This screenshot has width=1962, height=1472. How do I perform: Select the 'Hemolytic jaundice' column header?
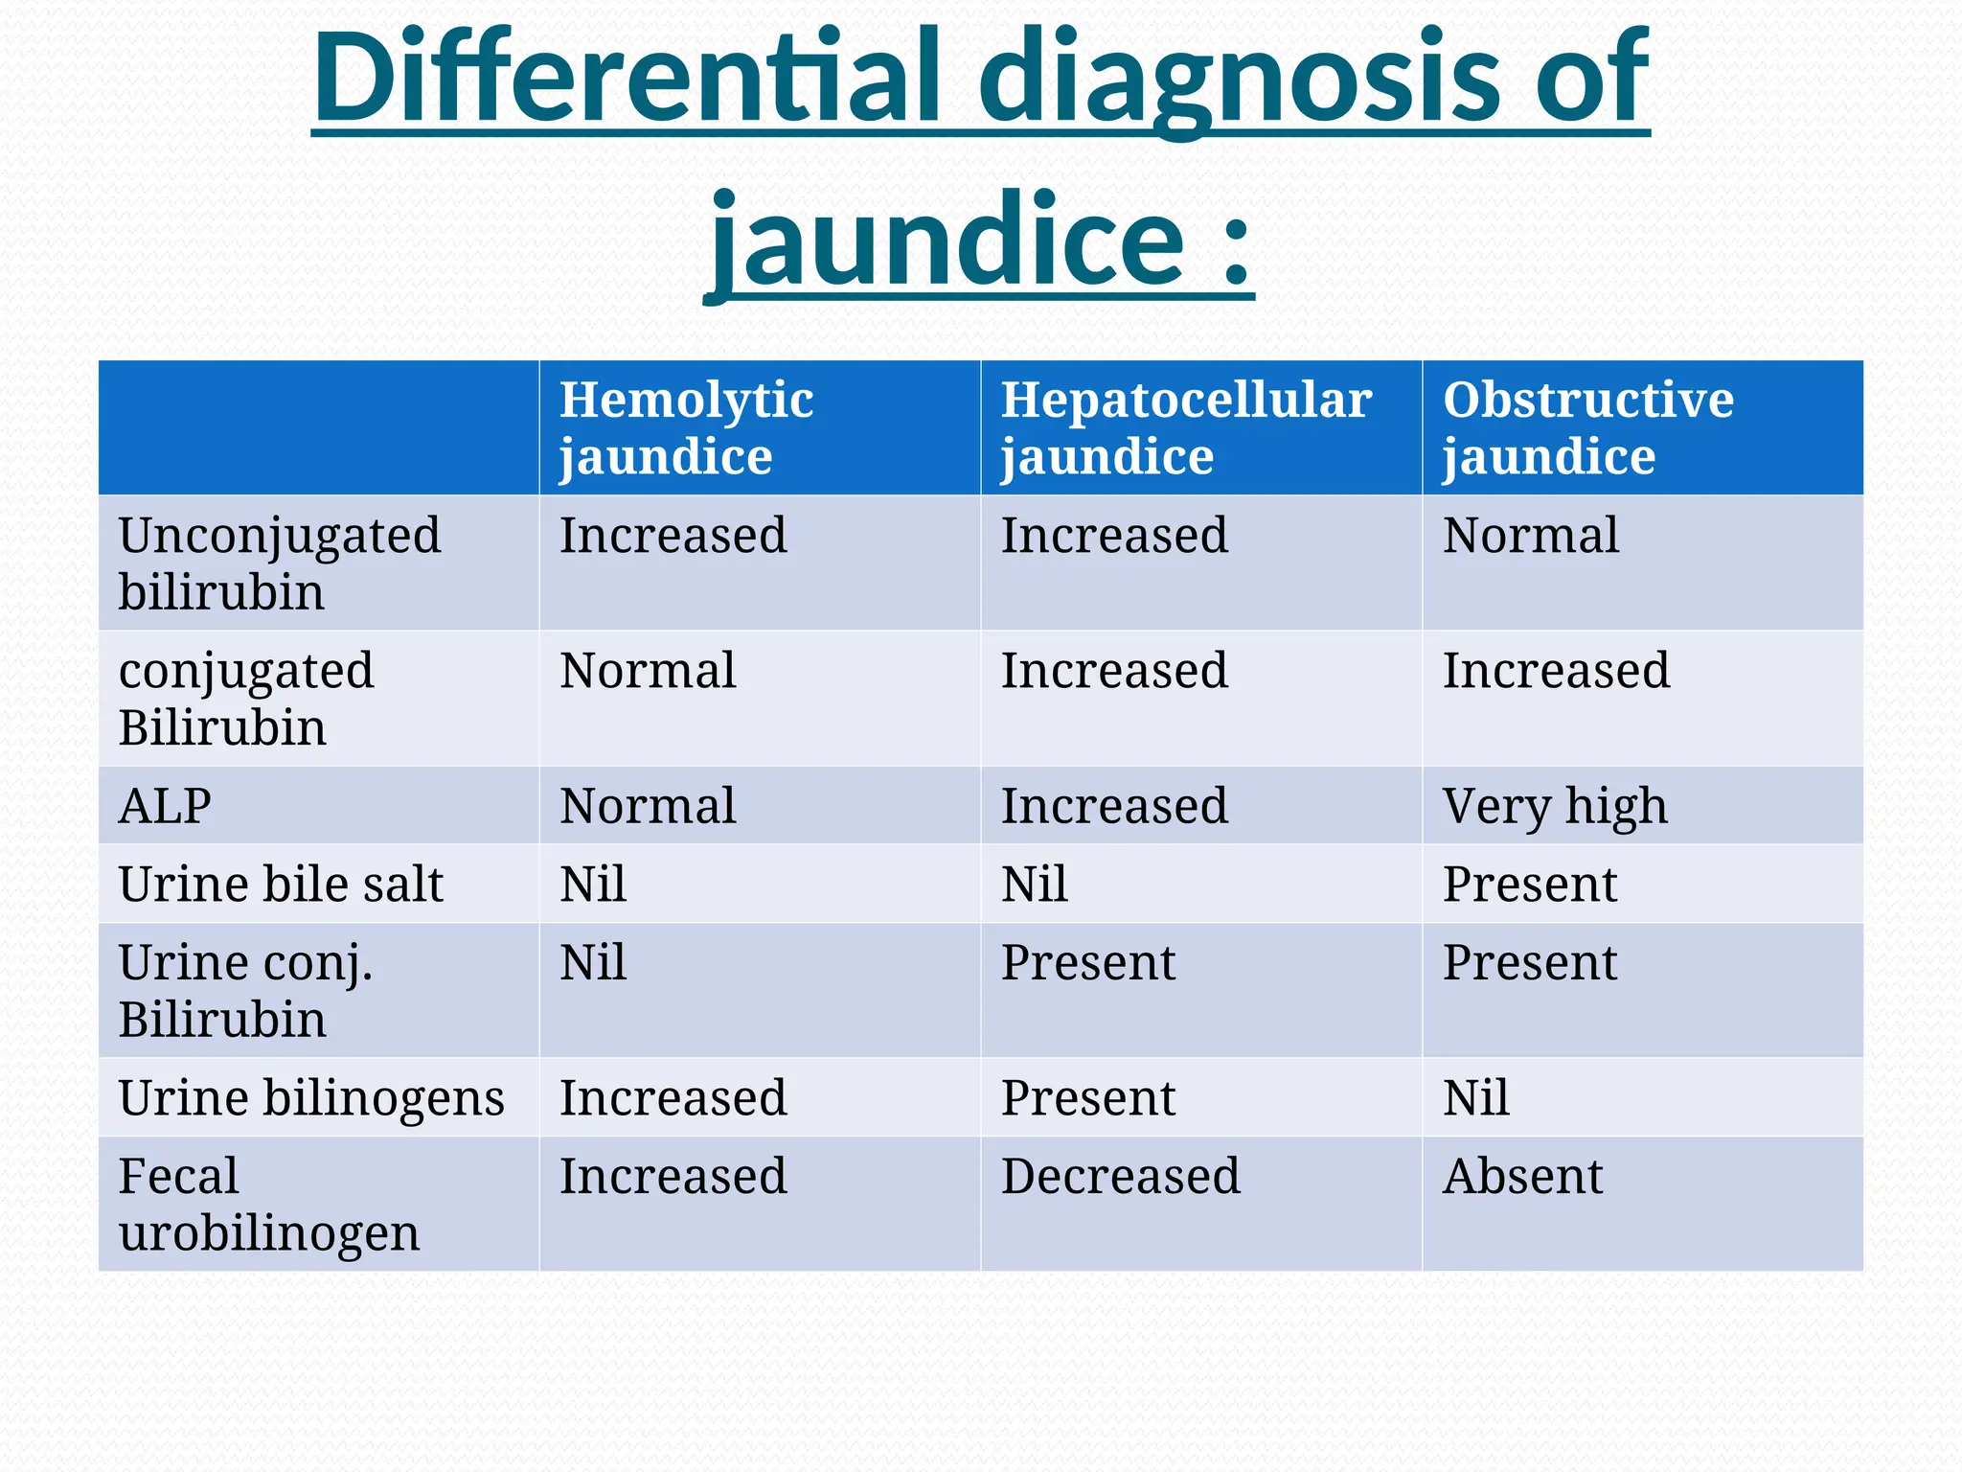tap(686, 427)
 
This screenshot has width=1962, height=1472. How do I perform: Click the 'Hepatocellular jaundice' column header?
tap(1186, 427)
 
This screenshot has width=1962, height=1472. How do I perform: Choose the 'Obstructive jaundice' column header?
tap(1587, 427)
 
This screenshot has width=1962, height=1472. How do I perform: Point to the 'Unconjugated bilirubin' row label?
tap(279, 563)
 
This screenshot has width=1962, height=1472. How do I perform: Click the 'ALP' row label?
tap(165, 806)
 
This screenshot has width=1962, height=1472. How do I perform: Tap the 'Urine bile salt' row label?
tap(281, 884)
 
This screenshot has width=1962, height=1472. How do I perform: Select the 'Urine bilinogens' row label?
tap(311, 1097)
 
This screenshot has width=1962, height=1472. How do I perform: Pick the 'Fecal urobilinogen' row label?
tap(268, 1204)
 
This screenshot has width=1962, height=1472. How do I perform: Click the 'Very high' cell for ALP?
tap(1555, 806)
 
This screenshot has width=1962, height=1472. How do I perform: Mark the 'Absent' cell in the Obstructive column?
tap(1522, 1176)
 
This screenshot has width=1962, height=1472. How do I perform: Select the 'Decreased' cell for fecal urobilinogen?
tap(1121, 1176)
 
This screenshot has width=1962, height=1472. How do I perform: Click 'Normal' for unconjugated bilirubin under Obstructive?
tap(1531, 535)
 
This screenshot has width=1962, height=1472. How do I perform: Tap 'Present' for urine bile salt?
tap(1530, 884)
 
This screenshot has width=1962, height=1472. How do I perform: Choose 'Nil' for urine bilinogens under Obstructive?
tap(1476, 1097)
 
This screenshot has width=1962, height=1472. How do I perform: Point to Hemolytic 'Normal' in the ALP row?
tap(648, 806)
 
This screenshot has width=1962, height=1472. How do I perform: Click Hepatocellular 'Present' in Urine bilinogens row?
tap(1088, 1097)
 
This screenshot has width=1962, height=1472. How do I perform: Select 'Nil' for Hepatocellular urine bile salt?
tap(1035, 884)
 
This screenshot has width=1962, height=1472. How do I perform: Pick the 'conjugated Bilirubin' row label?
tap(246, 699)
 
